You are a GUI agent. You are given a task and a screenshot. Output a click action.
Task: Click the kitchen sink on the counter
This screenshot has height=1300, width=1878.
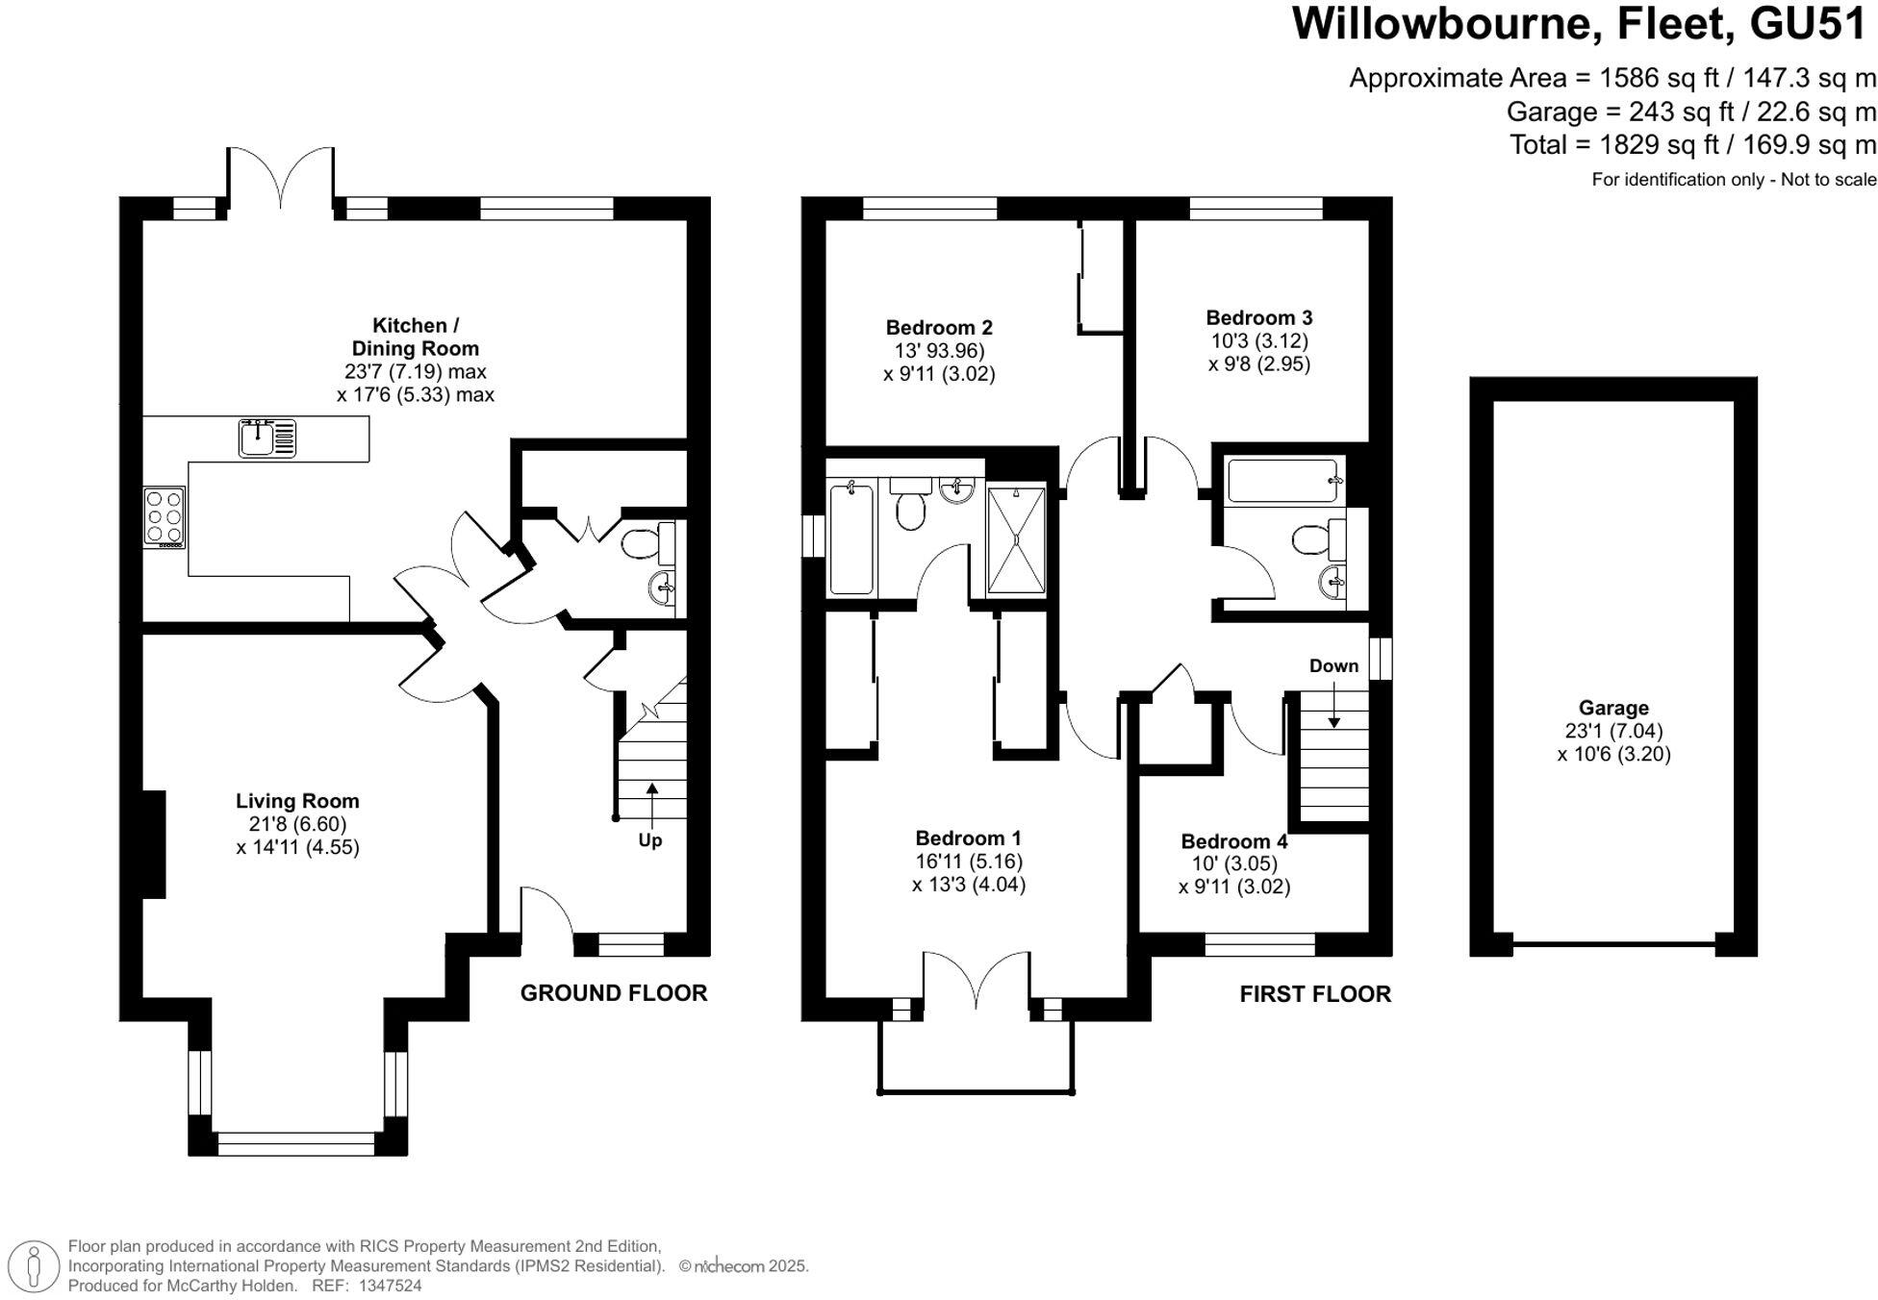tap(266, 438)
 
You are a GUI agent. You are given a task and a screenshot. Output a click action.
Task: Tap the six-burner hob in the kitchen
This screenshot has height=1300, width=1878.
tap(165, 518)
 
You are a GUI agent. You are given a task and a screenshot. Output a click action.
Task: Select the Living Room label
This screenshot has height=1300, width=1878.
tap(297, 801)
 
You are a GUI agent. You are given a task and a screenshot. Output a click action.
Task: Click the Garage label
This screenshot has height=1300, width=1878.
tap(1613, 709)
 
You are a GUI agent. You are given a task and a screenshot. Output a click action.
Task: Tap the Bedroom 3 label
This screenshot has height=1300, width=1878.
tap(1258, 317)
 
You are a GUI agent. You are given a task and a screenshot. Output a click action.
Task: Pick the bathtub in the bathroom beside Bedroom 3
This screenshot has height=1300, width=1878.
tap(1283, 481)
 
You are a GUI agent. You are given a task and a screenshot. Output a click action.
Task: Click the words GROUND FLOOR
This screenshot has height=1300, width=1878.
tap(614, 993)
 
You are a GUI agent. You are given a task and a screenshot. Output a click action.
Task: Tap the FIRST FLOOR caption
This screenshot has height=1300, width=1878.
tap(1314, 994)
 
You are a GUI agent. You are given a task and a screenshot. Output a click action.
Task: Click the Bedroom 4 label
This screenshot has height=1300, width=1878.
tap(1233, 842)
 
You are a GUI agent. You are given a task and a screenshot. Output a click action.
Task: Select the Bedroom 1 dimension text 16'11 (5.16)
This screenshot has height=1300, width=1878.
tap(968, 862)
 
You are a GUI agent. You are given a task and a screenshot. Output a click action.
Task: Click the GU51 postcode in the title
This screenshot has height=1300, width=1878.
tap(1808, 24)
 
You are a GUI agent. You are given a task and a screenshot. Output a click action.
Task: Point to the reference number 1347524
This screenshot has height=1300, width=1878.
tap(390, 1286)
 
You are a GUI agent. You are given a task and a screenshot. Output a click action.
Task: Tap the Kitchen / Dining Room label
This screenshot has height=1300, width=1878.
tap(416, 337)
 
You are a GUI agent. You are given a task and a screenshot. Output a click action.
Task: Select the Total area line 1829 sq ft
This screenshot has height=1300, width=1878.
tap(1692, 145)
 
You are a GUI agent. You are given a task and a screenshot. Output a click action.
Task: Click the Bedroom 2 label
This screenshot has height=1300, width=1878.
tap(939, 328)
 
